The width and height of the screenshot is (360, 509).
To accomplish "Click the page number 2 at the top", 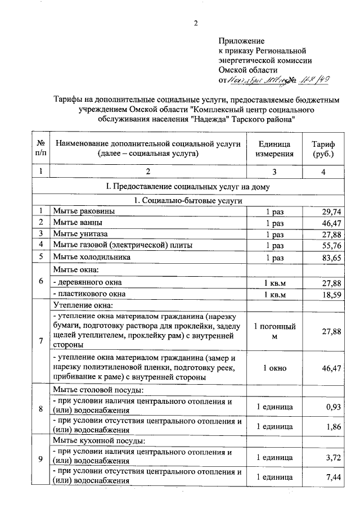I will click(x=196, y=23).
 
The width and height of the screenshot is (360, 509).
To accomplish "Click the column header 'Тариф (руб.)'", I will click(x=323, y=148).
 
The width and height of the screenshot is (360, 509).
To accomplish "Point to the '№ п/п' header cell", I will click(x=40, y=148).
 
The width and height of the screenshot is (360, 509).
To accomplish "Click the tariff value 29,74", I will click(x=331, y=211).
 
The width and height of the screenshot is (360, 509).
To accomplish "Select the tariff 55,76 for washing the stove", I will click(x=331, y=245).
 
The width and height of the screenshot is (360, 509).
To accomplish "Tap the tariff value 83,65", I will click(x=331, y=256).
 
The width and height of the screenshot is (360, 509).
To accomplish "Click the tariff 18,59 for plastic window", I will click(x=331, y=294).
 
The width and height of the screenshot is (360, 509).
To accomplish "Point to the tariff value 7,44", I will click(x=334, y=477).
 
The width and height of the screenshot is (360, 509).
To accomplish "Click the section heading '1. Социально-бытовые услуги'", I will click(x=188, y=200).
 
